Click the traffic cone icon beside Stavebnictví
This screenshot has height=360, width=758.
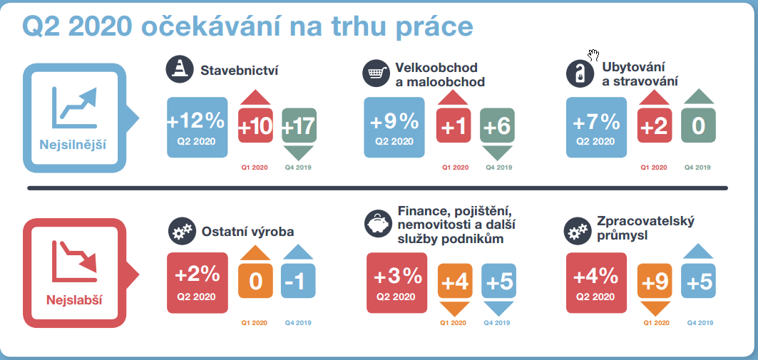180,70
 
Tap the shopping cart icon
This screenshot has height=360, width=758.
377,73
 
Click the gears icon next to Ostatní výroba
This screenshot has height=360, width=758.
183,232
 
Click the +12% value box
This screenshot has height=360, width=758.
198,128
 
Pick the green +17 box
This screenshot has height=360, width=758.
299,125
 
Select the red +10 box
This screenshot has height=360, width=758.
256,125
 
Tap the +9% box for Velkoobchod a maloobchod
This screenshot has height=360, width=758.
394,128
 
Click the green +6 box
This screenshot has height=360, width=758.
498,125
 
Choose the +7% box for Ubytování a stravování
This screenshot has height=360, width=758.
596,128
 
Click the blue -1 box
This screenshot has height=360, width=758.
298,281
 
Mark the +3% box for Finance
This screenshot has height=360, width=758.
397,283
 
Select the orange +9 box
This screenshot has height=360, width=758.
655,281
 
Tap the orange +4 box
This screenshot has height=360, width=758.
455,281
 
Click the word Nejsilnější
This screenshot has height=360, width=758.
73,145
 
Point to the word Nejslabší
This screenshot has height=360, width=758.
74,300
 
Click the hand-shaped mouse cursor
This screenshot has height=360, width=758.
594,55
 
